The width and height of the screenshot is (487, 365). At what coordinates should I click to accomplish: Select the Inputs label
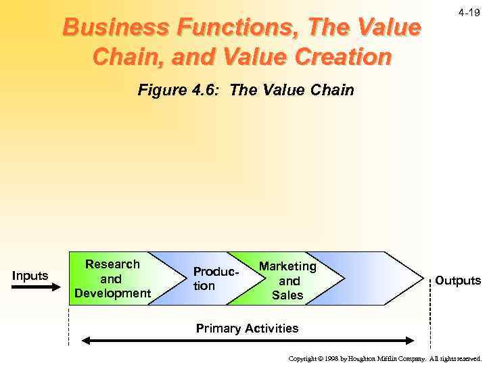click(30, 275)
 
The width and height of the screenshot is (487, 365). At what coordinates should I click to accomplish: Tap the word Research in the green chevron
click(112, 264)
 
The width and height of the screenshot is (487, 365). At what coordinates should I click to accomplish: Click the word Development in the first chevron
click(112, 293)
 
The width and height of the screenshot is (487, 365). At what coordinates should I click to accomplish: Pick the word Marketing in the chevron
click(287, 266)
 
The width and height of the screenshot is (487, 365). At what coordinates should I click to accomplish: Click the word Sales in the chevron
click(287, 295)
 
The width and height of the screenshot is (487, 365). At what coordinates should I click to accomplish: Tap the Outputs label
click(457, 280)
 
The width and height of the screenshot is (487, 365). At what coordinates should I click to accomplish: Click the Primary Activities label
click(247, 328)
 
